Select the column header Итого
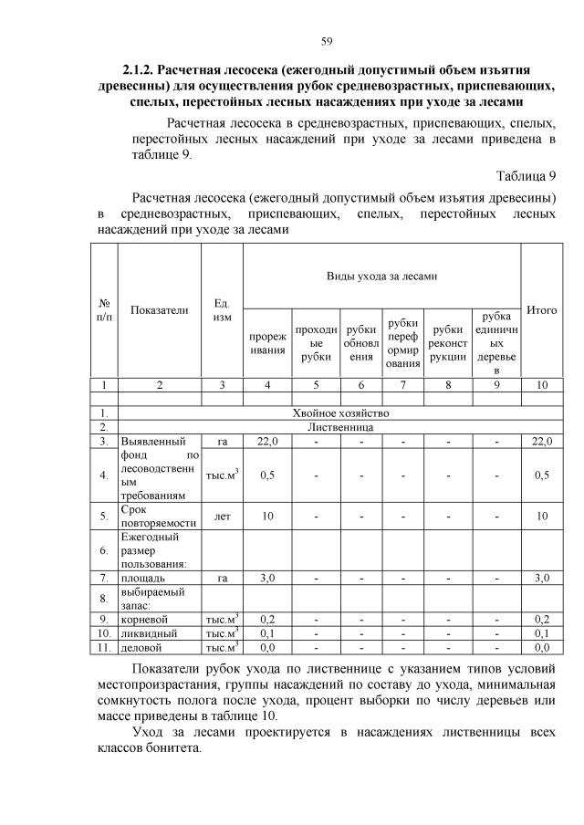pyautogui.click(x=542, y=310)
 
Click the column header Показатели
pyautogui.click(x=160, y=310)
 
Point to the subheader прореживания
pyautogui.click(x=267, y=343)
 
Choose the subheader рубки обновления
pyautogui.click(x=361, y=343)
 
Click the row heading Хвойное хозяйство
pyautogui.click(x=337, y=412)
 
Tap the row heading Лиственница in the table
pyautogui.click(x=337, y=426)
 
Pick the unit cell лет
pyautogui.click(x=221, y=517)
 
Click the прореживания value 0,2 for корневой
pyautogui.click(x=267, y=618)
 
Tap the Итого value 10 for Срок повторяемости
pyautogui.click(x=542, y=517)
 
